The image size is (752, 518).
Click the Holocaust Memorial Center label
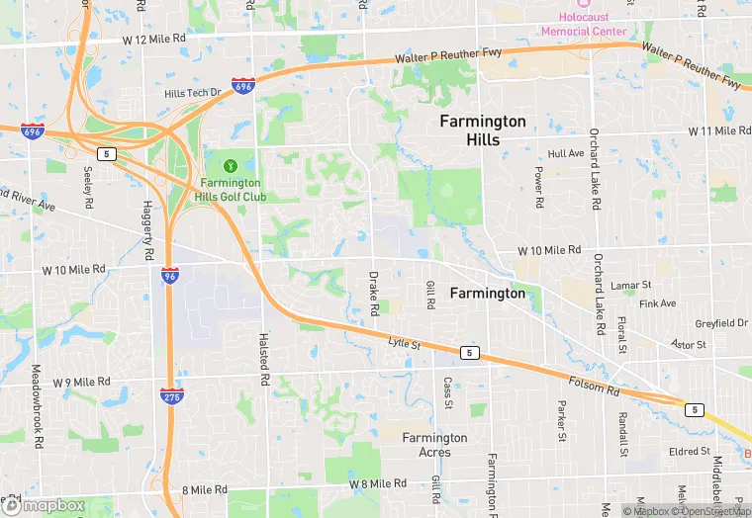point(583,24)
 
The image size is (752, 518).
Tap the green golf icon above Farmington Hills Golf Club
point(231,165)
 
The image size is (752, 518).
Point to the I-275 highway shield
point(170,395)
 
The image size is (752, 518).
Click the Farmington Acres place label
point(434,445)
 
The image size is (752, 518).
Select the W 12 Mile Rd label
point(154,39)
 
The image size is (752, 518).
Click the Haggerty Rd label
point(148,239)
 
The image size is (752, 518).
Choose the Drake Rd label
point(374,294)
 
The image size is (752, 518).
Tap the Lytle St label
point(405,344)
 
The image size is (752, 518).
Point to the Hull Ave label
point(566,154)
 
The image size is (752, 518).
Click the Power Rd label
point(539,187)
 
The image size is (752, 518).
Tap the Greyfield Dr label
point(721,323)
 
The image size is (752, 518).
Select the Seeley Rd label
point(88,180)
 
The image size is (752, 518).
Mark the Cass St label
point(448,392)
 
